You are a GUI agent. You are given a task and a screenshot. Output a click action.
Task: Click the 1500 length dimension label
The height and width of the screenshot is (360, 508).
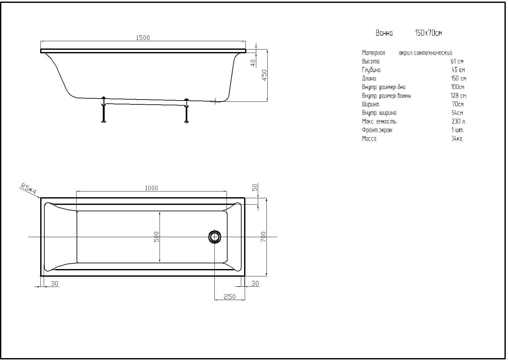(x=143, y=38)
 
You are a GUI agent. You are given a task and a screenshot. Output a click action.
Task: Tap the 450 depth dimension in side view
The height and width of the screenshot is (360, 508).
(x=265, y=75)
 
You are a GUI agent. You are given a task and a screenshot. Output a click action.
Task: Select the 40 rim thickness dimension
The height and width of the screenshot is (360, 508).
(x=253, y=63)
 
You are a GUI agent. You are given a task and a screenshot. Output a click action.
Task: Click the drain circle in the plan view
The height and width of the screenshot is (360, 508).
(x=214, y=237)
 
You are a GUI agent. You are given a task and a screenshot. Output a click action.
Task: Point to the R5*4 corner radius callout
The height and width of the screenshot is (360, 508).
(x=28, y=189)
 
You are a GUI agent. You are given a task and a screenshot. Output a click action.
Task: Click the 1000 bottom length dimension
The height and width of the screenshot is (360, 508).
(x=151, y=188)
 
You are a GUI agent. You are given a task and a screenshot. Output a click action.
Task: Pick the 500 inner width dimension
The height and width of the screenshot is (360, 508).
(x=156, y=237)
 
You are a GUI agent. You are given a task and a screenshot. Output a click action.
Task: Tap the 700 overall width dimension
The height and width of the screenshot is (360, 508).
(x=263, y=237)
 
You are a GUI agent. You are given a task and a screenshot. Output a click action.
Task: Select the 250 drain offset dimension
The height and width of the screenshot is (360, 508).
(x=230, y=297)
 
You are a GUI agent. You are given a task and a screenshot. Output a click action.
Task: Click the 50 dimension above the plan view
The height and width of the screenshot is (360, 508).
(x=255, y=188)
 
